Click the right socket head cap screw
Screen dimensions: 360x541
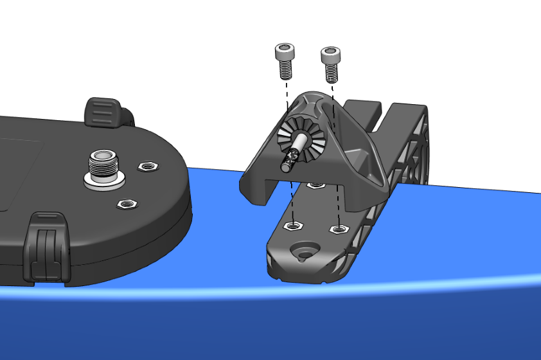(x=330, y=63)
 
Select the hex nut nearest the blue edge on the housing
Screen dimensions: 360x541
(x=127, y=204)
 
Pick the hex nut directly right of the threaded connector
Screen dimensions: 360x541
(x=148, y=168)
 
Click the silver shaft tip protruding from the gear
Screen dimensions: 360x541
(x=285, y=166)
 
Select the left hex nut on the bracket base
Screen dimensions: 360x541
(x=293, y=226)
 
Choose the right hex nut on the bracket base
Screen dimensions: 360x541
(x=337, y=229)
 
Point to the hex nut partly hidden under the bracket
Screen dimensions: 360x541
(x=315, y=186)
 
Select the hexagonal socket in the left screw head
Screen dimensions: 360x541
(x=284, y=49)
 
